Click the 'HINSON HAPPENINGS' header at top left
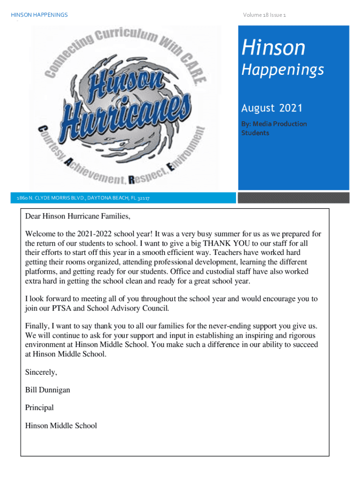(39, 15)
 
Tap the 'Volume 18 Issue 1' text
(264, 15)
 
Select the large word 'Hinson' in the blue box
(273, 48)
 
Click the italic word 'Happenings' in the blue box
(282, 70)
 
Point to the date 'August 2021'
(272, 109)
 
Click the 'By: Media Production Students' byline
(274, 128)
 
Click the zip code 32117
(144, 198)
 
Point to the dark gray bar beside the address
(293, 198)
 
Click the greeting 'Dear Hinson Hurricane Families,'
(78, 217)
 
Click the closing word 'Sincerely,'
(41, 372)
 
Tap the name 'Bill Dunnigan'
(48, 390)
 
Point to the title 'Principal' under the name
(39, 407)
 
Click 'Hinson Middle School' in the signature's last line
(61, 425)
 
